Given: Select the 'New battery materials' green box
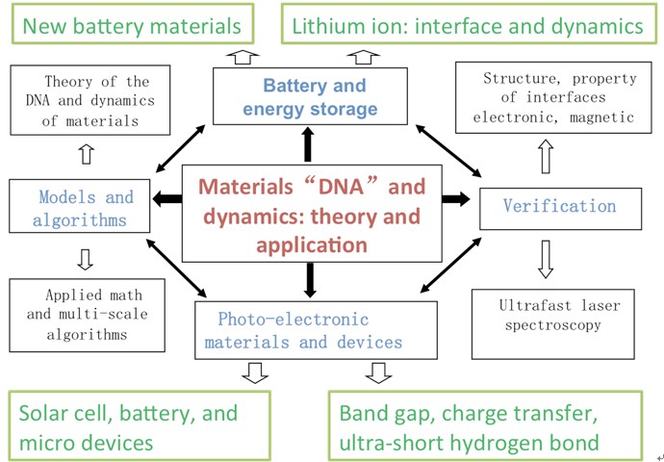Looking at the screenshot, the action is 132,24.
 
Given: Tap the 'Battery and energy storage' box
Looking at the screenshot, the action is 310,96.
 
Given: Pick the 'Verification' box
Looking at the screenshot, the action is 560,208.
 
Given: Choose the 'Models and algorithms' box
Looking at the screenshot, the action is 80,206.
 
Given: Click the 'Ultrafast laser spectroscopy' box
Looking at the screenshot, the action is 553,324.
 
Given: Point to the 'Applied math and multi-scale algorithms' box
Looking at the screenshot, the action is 88,315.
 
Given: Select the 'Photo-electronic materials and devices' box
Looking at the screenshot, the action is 316,330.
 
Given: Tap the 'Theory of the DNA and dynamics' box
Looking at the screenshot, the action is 90,100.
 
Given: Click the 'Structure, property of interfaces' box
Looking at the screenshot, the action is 553,97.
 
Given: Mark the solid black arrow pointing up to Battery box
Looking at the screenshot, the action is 308,144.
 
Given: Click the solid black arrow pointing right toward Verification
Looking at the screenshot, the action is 456,198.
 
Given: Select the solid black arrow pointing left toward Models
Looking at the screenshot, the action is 167,198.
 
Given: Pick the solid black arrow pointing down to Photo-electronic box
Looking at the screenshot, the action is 311,280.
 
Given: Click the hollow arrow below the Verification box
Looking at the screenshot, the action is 546,259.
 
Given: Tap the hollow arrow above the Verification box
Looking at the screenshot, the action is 546,156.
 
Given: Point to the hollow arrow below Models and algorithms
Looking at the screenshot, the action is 85,259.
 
